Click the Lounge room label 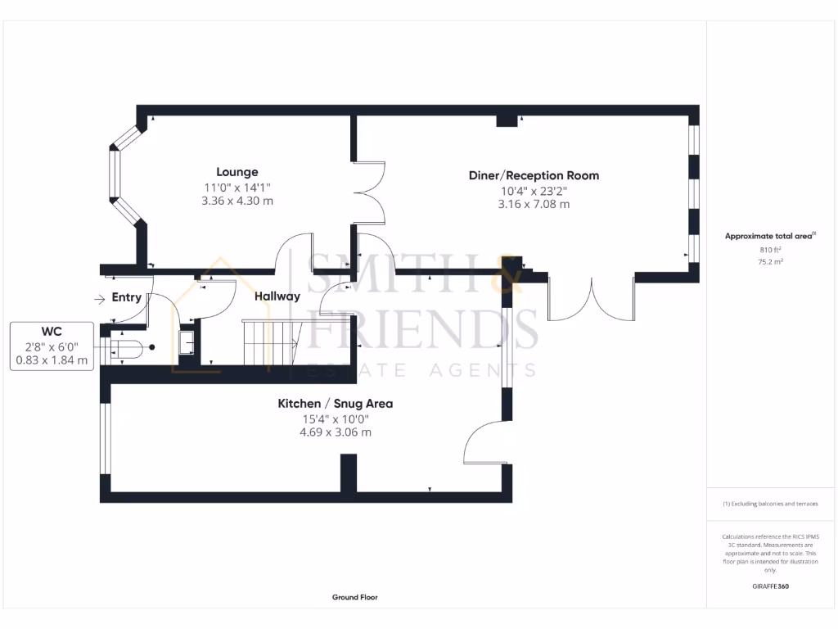(x=237, y=172)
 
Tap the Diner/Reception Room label (x=534, y=175)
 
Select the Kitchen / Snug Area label (x=336, y=403)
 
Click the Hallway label (x=277, y=296)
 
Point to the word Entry (x=127, y=297)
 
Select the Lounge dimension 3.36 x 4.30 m (x=237, y=201)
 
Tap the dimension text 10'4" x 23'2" (x=534, y=191)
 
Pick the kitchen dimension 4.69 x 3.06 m (x=336, y=432)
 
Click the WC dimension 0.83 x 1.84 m (x=52, y=360)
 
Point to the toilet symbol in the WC (x=131, y=348)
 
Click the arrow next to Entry (x=100, y=298)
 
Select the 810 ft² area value (x=769, y=250)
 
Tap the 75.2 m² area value (x=769, y=263)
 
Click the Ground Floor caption (x=354, y=598)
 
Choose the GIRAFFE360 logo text (x=769, y=586)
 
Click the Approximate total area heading (x=769, y=236)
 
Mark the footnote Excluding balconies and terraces (x=769, y=504)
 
